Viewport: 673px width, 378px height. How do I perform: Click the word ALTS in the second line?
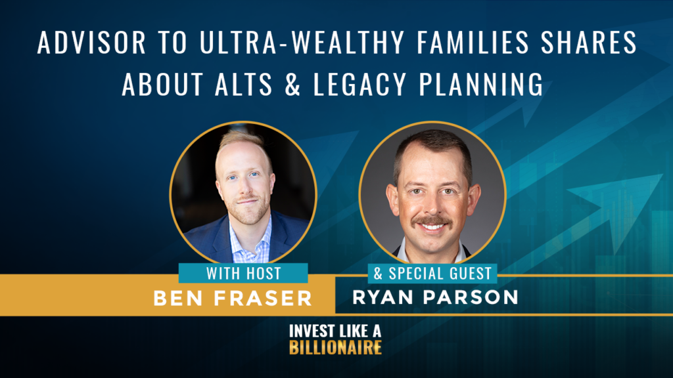[243, 83]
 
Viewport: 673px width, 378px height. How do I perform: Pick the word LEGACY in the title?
[360, 83]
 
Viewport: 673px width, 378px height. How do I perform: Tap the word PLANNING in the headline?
[481, 83]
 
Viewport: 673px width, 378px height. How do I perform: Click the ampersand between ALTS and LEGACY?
[292, 83]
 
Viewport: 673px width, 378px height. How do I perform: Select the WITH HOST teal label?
[243, 273]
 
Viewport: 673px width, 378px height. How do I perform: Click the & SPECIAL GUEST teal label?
[432, 274]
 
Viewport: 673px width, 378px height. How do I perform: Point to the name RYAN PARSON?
[435, 297]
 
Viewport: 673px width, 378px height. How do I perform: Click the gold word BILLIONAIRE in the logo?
[335, 348]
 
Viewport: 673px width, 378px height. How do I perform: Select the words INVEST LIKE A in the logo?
[335, 331]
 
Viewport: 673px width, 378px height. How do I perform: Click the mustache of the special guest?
[432, 221]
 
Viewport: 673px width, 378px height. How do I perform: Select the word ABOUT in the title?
[162, 83]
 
